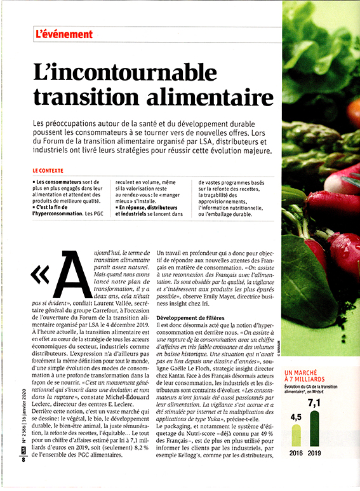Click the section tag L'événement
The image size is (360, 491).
[65, 34]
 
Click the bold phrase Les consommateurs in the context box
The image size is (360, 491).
[60, 182]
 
